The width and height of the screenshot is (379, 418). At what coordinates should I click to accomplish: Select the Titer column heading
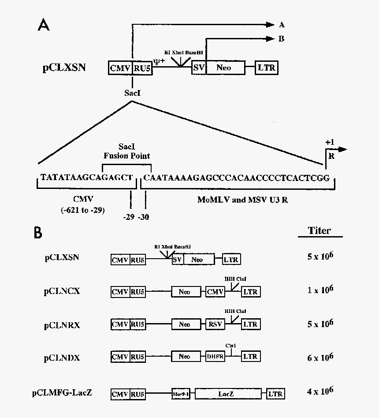tap(320, 230)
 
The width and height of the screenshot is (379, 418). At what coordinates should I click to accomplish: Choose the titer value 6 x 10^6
tap(320, 357)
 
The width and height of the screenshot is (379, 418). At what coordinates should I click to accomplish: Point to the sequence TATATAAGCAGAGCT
tap(86, 177)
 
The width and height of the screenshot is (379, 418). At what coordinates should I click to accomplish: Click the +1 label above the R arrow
tap(330, 143)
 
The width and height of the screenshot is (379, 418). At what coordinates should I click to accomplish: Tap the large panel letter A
tap(44, 25)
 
